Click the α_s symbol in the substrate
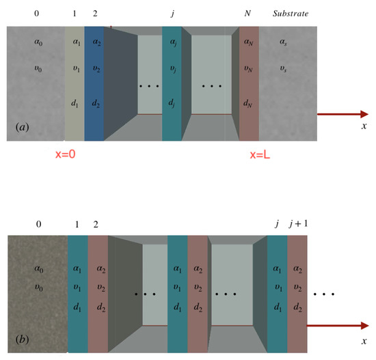point(284,42)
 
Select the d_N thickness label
point(247,104)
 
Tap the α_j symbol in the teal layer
point(173,42)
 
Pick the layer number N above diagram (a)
point(247,14)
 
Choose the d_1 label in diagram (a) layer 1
point(75,104)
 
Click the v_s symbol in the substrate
point(283,69)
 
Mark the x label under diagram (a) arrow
point(364,126)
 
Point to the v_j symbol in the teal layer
point(173,69)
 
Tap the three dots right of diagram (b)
point(323,294)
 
